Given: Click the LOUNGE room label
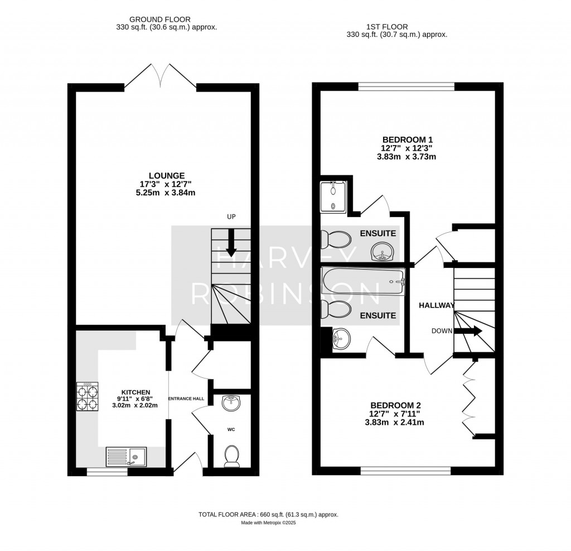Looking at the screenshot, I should pyautogui.click(x=162, y=175).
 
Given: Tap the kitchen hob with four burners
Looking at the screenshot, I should pyautogui.click(x=87, y=397).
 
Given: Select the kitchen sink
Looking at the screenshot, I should pyautogui.click(x=125, y=457).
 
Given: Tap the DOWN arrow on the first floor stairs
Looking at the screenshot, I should pyautogui.click(x=468, y=331).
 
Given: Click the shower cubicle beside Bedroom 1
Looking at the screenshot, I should pyautogui.click(x=333, y=197).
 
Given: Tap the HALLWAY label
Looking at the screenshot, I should pyautogui.click(x=437, y=305).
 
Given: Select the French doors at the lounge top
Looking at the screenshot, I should pyautogui.click(x=161, y=77).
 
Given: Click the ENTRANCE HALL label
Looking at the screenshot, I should pyautogui.click(x=188, y=399).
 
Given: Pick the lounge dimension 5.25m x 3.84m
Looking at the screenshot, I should pyautogui.click(x=162, y=193).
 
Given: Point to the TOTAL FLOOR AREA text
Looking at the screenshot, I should pyautogui.click(x=268, y=515).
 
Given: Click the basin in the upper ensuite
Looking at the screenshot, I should pyautogui.click(x=382, y=252).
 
